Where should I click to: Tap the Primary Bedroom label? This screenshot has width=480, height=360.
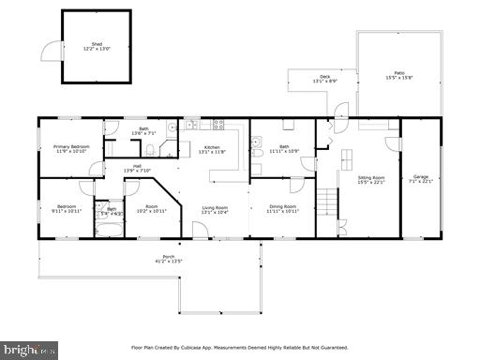click(x=71, y=146)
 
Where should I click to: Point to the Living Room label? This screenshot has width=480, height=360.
click(x=216, y=207)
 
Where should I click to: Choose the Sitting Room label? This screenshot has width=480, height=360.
click(x=371, y=177)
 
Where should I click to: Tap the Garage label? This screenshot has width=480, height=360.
click(x=420, y=177)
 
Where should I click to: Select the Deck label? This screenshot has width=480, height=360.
click(x=325, y=77)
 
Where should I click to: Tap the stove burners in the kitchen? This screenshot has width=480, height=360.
click(x=217, y=124)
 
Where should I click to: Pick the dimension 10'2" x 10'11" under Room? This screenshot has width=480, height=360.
click(x=151, y=212)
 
